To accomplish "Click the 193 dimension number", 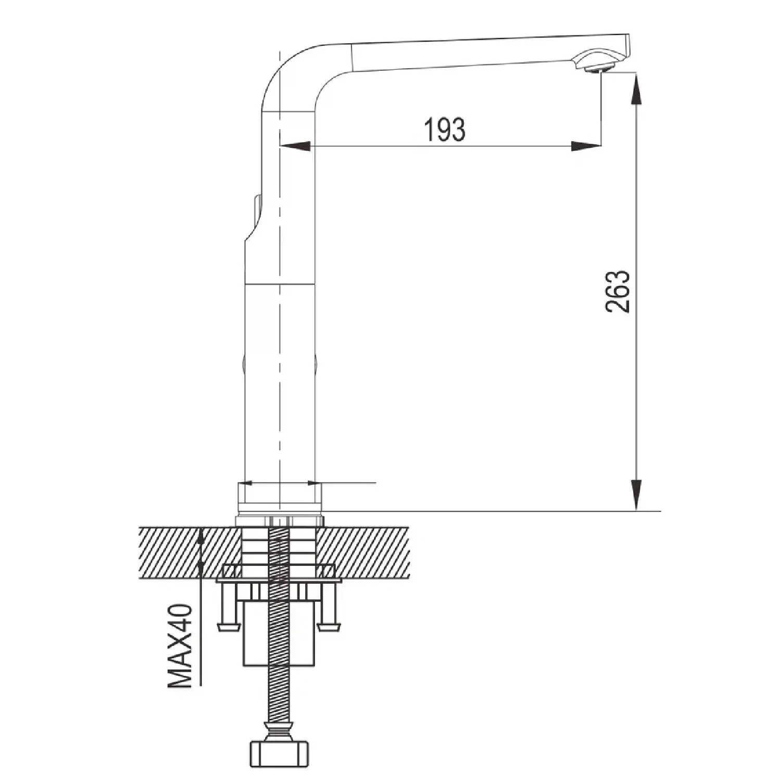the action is pos(445,130).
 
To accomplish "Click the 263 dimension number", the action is pos(618,292).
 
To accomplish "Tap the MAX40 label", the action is pos(180,646).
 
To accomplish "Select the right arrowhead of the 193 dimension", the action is pos(586,146).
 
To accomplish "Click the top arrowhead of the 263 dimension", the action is pos(636,89).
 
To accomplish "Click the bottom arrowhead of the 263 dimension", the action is pos(636,495).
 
